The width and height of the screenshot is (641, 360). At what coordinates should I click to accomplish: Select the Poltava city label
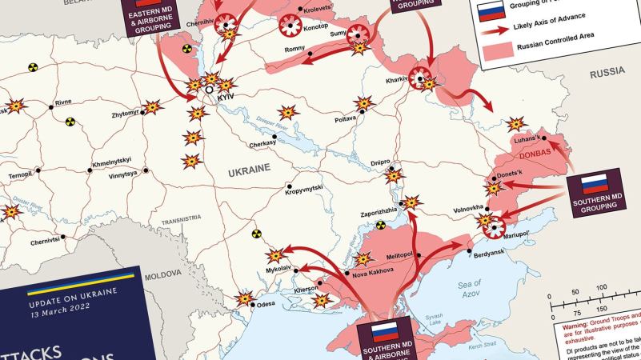point(345,119)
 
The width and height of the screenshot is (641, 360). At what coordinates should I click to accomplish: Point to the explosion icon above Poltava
point(364,103)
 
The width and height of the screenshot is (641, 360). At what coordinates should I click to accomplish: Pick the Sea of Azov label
point(469,289)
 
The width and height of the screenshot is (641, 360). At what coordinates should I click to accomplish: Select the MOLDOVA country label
point(162,274)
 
